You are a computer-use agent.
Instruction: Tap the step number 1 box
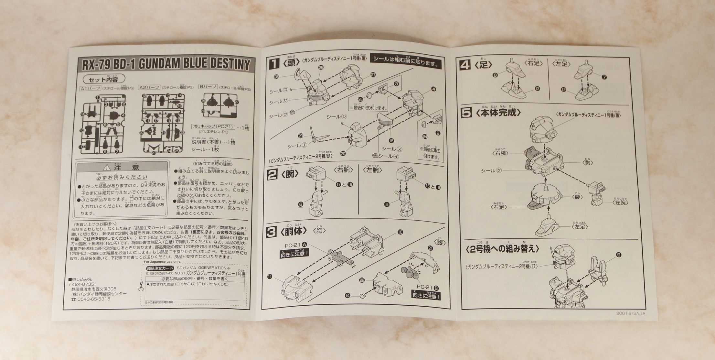[274, 64]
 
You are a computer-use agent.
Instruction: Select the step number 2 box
[272, 175]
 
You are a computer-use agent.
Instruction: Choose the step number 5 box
[466, 113]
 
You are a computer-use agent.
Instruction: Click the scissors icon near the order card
[141, 287]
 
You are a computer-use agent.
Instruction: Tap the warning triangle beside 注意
[106, 168]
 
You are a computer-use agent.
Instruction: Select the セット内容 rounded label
[103, 79]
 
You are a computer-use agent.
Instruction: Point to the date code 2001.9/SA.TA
[632, 313]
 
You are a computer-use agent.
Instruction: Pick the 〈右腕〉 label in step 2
[343, 170]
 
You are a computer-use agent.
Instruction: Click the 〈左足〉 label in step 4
[561, 64]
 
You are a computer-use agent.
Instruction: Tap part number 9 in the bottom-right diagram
[619, 255]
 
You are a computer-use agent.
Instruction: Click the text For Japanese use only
[162, 262]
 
